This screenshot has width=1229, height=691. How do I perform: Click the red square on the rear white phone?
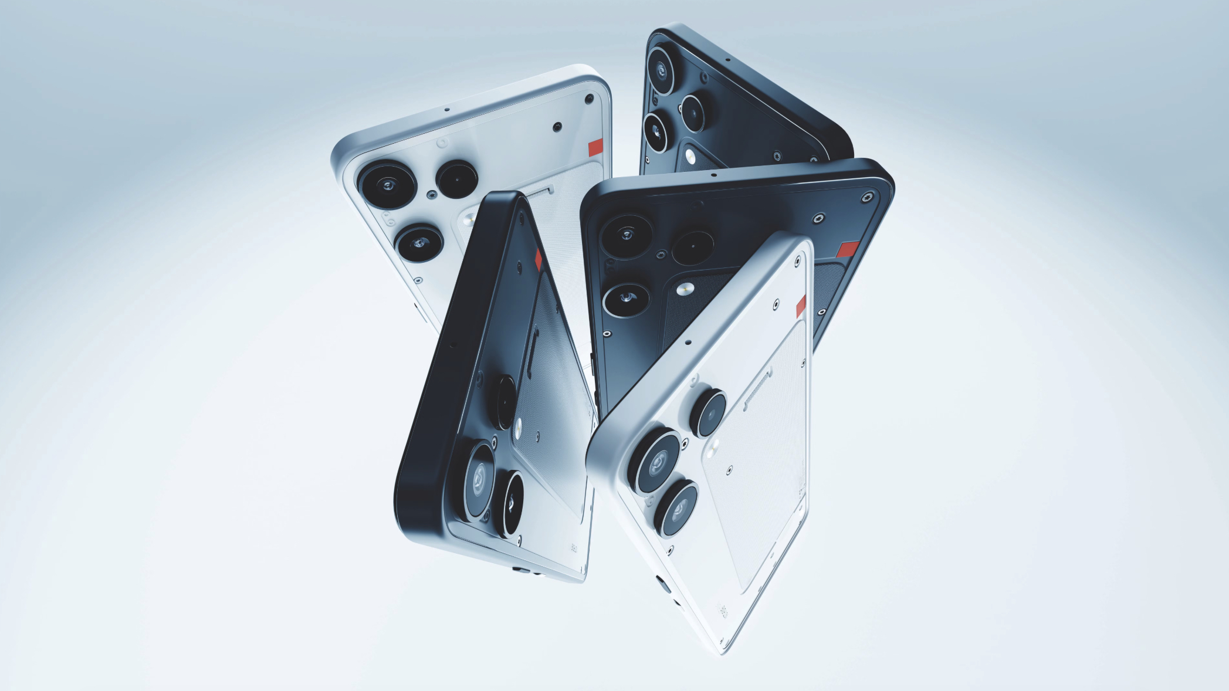595,148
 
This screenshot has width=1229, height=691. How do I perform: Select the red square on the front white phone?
801,306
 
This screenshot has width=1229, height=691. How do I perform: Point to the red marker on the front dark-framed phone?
539,259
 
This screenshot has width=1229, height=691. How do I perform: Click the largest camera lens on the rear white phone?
387,185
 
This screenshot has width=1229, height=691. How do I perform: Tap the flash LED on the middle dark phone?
683,289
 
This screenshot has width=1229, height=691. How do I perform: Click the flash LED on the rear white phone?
469,221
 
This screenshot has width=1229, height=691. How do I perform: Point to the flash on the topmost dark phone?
690,155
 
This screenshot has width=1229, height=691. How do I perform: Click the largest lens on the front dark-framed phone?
480,474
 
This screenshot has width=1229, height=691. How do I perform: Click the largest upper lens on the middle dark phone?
627,235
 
